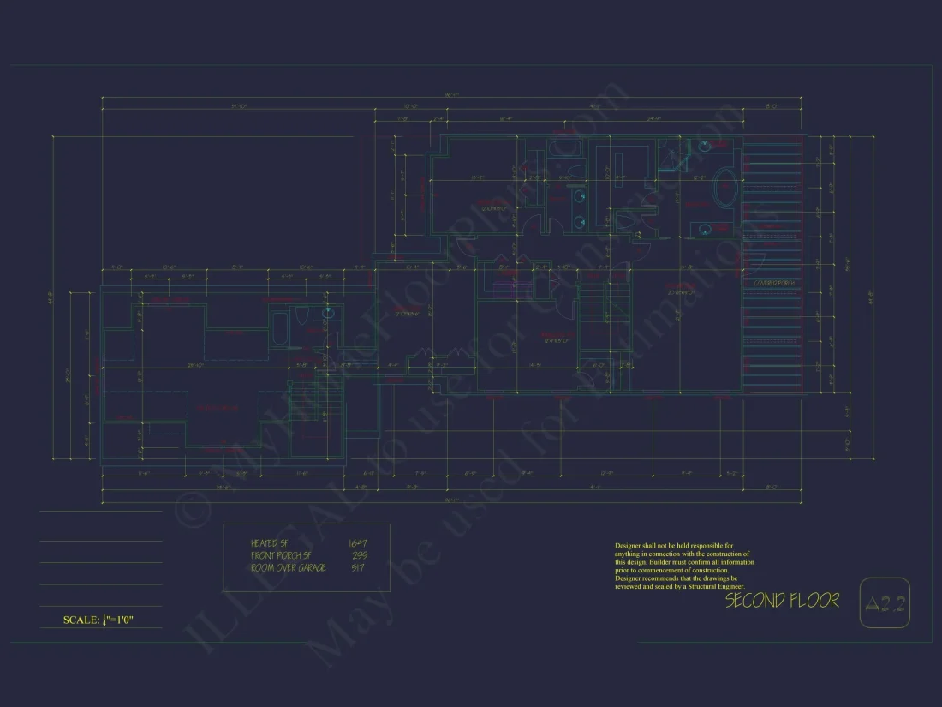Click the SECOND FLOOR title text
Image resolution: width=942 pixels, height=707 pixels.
pos(782,601)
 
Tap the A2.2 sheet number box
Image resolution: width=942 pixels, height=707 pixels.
pos(885,604)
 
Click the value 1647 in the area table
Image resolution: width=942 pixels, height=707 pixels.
pos(357,543)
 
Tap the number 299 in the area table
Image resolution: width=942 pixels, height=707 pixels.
pos(360,555)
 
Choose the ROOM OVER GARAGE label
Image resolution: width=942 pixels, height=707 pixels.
pos(288,568)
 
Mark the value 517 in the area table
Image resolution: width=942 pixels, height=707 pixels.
pos(359,568)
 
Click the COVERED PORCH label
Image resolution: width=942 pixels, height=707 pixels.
pos(774,283)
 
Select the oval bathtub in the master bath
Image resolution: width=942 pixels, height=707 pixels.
pos(726,186)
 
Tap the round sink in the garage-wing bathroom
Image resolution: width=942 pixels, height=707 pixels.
pos(328,313)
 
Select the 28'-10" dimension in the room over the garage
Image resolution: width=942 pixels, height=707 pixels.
pos(195,366)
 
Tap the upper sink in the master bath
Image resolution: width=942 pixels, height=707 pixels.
pos(703,147)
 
